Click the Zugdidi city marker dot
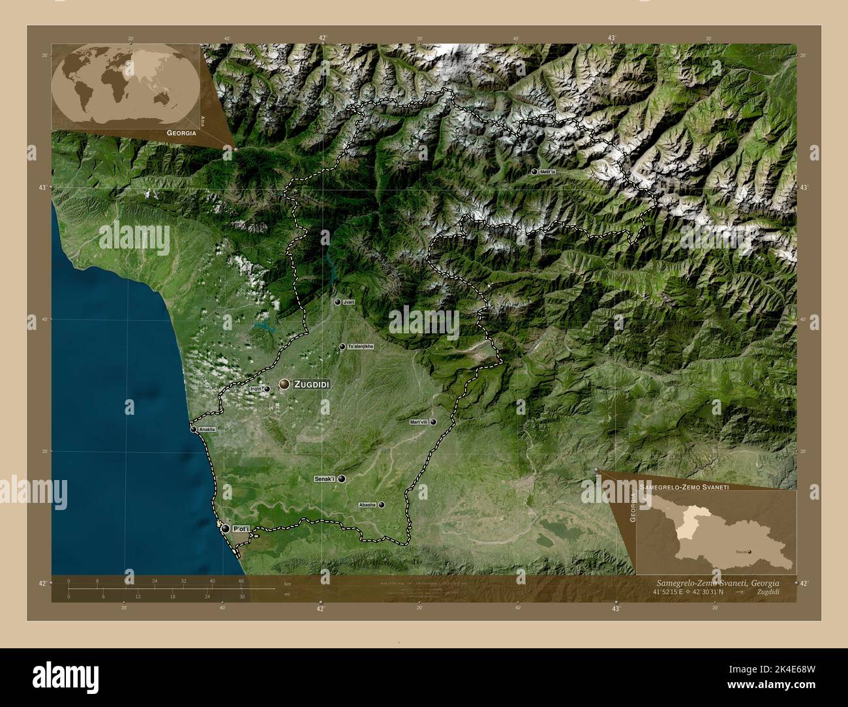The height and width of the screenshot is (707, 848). pyautogui.click(x=284, y=384)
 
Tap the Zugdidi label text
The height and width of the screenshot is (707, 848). pyautogui.click(x=312, y=385)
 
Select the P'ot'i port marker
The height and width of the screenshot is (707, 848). pyautogui.click(x=226, y=529)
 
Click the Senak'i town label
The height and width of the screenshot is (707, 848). pyautogui.click(x=324, y=479)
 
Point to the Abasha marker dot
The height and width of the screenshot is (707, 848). pyautogui.click(x=382, y=505)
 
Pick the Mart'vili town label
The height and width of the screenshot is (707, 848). pyautogui.click(x=418, y=422)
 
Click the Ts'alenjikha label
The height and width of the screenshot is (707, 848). pyautogui.click(x=361, y=346)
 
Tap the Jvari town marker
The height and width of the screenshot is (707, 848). pyautogui.click(x=337, y=303)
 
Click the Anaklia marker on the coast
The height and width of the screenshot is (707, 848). pyautogui.click(x=193, y=429)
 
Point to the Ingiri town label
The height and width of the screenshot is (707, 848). pyautogui.click(x=256, y=389)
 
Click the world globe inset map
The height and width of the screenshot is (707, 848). pyautogui.click(x=125, y=83)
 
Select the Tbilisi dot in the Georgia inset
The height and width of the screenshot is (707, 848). pyautogui.click(x=750, y=552)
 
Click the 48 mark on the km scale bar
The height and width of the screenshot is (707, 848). pyautogui.click(x=241, y=580)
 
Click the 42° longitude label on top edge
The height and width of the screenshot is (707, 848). pyautogui.click(x=322, y=38)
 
